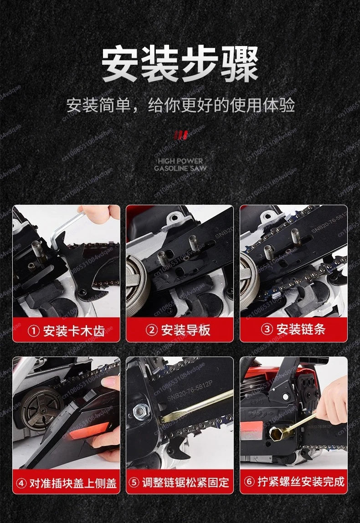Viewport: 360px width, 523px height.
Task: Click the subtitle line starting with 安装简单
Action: click(x=180, y=104)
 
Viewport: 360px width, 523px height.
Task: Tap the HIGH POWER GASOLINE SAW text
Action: click(x=180, y=165)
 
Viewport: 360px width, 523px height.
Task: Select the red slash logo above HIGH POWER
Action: click(x=180, y=135)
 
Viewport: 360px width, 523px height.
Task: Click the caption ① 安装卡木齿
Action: click(x=66, y=330)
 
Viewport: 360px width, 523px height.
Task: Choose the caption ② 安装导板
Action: click(x=180, y=330)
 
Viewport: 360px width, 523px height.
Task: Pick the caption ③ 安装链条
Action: click(x=294, y=329)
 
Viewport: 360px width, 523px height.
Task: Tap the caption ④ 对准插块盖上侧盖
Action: click(x=66, y=482)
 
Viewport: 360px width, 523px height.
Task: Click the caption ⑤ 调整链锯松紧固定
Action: click(x=180, y=482)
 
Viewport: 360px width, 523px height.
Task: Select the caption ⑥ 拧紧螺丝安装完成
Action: click(x=294, y=482)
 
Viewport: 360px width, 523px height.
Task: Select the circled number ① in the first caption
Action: click(x=33, y=331)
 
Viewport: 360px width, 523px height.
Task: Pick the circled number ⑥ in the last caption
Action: click(x=248, y=482)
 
